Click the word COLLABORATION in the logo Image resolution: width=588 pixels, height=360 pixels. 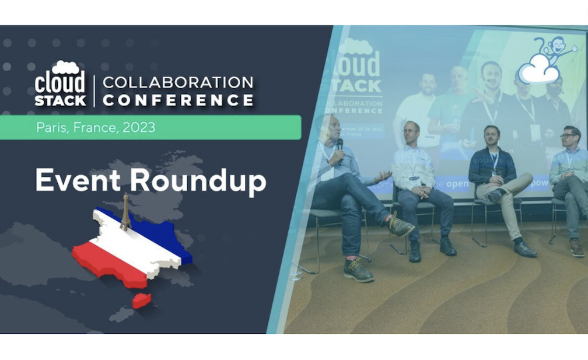pyautogui.click(x=178, y=82)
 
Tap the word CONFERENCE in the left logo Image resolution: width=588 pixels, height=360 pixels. pyautogui.click(x=178, y=100)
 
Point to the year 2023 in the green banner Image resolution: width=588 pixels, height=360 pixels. pyautogui.click(x=139, y=128)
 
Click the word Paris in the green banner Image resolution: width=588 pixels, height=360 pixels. pyautogui.click(x=51, y=128)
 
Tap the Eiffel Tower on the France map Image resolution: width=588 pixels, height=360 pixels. pyautogui.click(x=125, y=212)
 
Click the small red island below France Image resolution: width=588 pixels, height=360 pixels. pyautogui.click(x=142, y=300)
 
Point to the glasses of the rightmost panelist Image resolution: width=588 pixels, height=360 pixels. pyautogui.click(x=568, y=135)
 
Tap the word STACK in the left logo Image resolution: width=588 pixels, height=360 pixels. pyautogui.click(x=60, y=100)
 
